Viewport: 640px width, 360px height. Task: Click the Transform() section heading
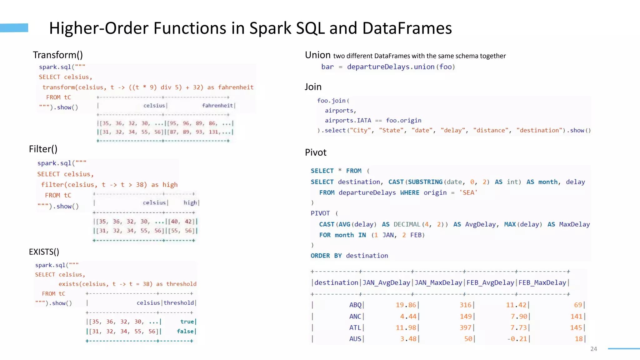click(x=58, y=55)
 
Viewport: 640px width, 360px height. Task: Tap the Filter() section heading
click(x=43, y=149)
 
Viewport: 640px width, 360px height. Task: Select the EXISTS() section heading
click(x=44, y=252)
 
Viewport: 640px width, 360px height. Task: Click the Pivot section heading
click(x=316, y=152)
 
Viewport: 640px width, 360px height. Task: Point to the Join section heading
click(x=313, y=87)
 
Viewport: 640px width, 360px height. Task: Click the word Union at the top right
click(x=317, y=55)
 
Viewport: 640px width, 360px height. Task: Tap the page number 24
click(x=594, y=349)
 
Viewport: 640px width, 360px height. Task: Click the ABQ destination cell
click(x=355, y=305)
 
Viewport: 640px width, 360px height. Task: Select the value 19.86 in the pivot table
click(x=406, y=305)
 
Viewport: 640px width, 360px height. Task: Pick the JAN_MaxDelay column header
click(x=438, y=283)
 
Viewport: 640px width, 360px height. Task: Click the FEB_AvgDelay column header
click(x=490, y=283)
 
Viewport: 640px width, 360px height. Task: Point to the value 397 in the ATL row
click(x=465, y=327)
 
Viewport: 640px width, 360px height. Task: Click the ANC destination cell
click(x=355, y=316)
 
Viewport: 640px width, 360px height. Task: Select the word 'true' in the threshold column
click(x=187, y=322)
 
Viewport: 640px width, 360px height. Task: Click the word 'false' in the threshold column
click(x=185, y=331)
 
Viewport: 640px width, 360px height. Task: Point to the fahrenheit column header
click(x=217, y=106)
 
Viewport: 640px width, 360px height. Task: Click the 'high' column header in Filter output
click(x=190, y=203)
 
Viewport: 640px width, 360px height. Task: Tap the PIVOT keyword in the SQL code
click(x=320, y=213)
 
